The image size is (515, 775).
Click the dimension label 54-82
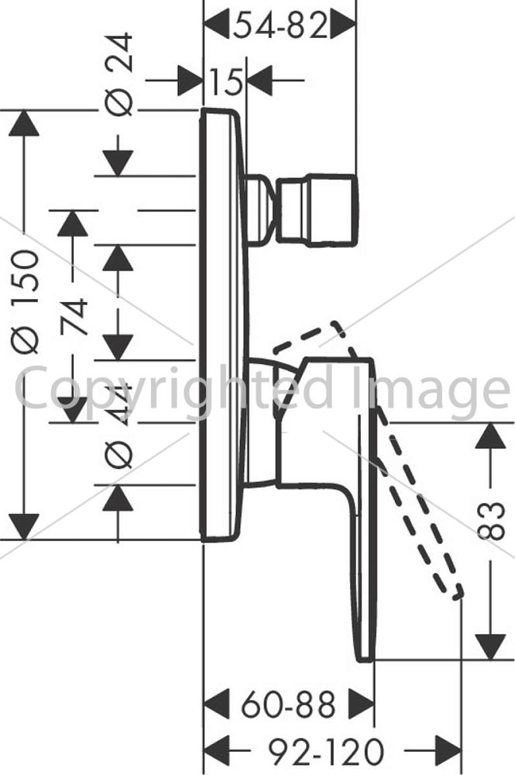click(280, 26)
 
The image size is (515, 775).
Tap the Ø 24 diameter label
click(121, 74)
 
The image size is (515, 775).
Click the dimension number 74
click(74, 316)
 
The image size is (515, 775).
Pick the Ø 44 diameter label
click(120, 425)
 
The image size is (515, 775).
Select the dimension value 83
click(491, 520)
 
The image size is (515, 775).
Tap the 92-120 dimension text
click(326, 753)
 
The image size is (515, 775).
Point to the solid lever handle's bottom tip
click(366, 659)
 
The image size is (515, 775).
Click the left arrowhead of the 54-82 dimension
click(217, 22)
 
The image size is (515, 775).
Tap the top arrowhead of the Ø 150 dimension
click(23, 123)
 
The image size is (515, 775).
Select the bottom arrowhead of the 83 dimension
click(491, 647)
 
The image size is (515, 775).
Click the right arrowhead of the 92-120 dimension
click(448, 751)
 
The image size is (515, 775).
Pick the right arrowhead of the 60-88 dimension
click(361, 704)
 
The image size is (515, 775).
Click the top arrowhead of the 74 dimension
click(73, 223)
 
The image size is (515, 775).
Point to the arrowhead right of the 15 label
click(259, 80)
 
